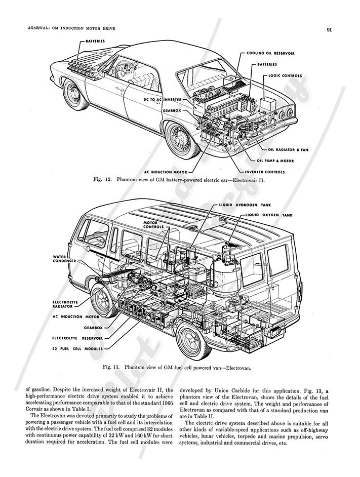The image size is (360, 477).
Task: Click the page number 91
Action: pyautogui.click(x=329, y=29)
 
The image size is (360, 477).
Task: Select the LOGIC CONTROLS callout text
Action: pyautogui.click(x=282, y=76)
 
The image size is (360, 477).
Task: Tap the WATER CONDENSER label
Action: pyautogui.click(x=64, y=259)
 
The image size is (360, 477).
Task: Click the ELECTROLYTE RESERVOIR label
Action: pyautogui.click(x=77, y=337)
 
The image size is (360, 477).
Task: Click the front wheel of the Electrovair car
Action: pyautogui.click(x=75, y=93)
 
